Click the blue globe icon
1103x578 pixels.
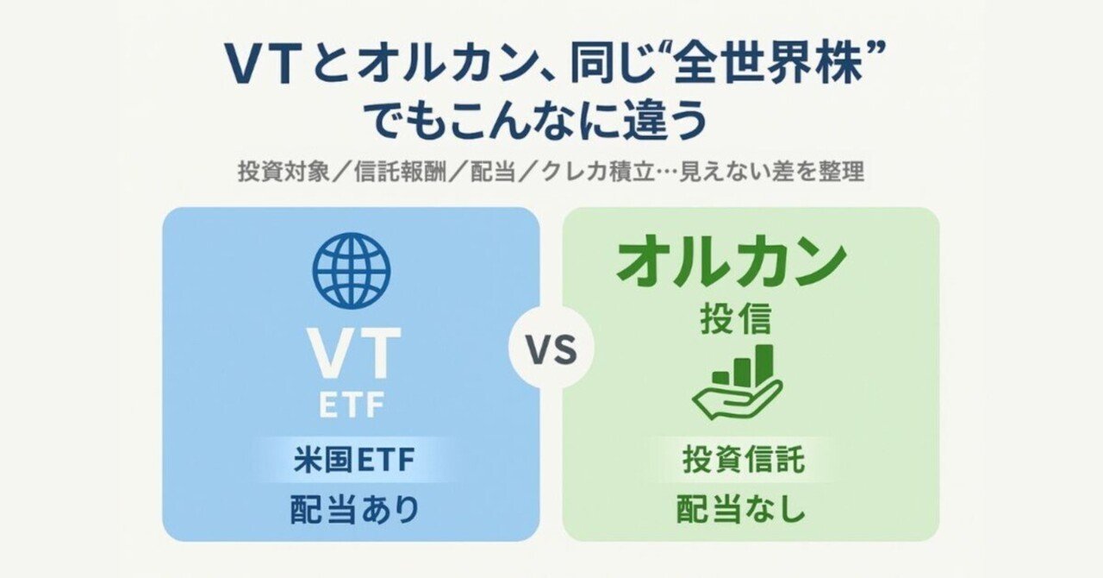[x=351, y=270]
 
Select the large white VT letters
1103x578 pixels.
[x=354, y=354]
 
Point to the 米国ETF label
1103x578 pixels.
[x=353, y=460]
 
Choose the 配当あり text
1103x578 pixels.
[x=353, y=510]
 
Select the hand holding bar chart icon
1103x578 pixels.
[x=736, y=380]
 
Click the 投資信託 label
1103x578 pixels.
[x=743, y=460]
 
